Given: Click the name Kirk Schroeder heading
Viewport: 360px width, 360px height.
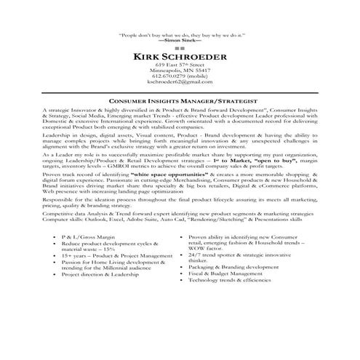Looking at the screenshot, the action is (180, 56).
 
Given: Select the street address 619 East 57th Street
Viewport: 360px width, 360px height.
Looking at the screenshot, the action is (180, 65).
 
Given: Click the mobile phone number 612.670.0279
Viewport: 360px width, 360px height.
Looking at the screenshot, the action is (180, 76).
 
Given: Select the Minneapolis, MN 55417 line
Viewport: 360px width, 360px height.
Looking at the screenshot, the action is (180, 71).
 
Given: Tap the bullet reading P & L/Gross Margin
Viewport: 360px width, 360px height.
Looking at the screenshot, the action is (87, 238).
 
